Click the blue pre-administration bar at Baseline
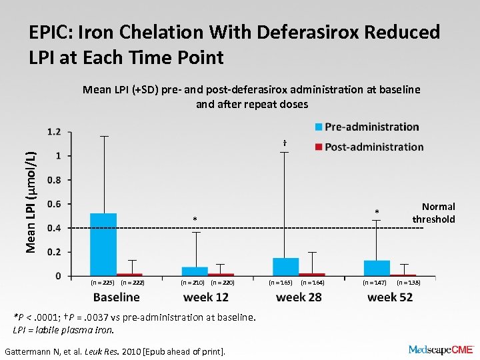tap(103, 244)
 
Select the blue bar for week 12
tap(195, 271)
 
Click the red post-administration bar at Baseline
tap(129, 274)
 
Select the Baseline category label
tap(117, 297)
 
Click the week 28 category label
tap(299, 297)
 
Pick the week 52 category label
tap(390, 297)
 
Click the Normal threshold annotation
tap(434, 213)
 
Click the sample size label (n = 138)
tap(408, 283)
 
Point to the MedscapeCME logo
tap(440, 349)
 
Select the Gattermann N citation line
tap(115, 351)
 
